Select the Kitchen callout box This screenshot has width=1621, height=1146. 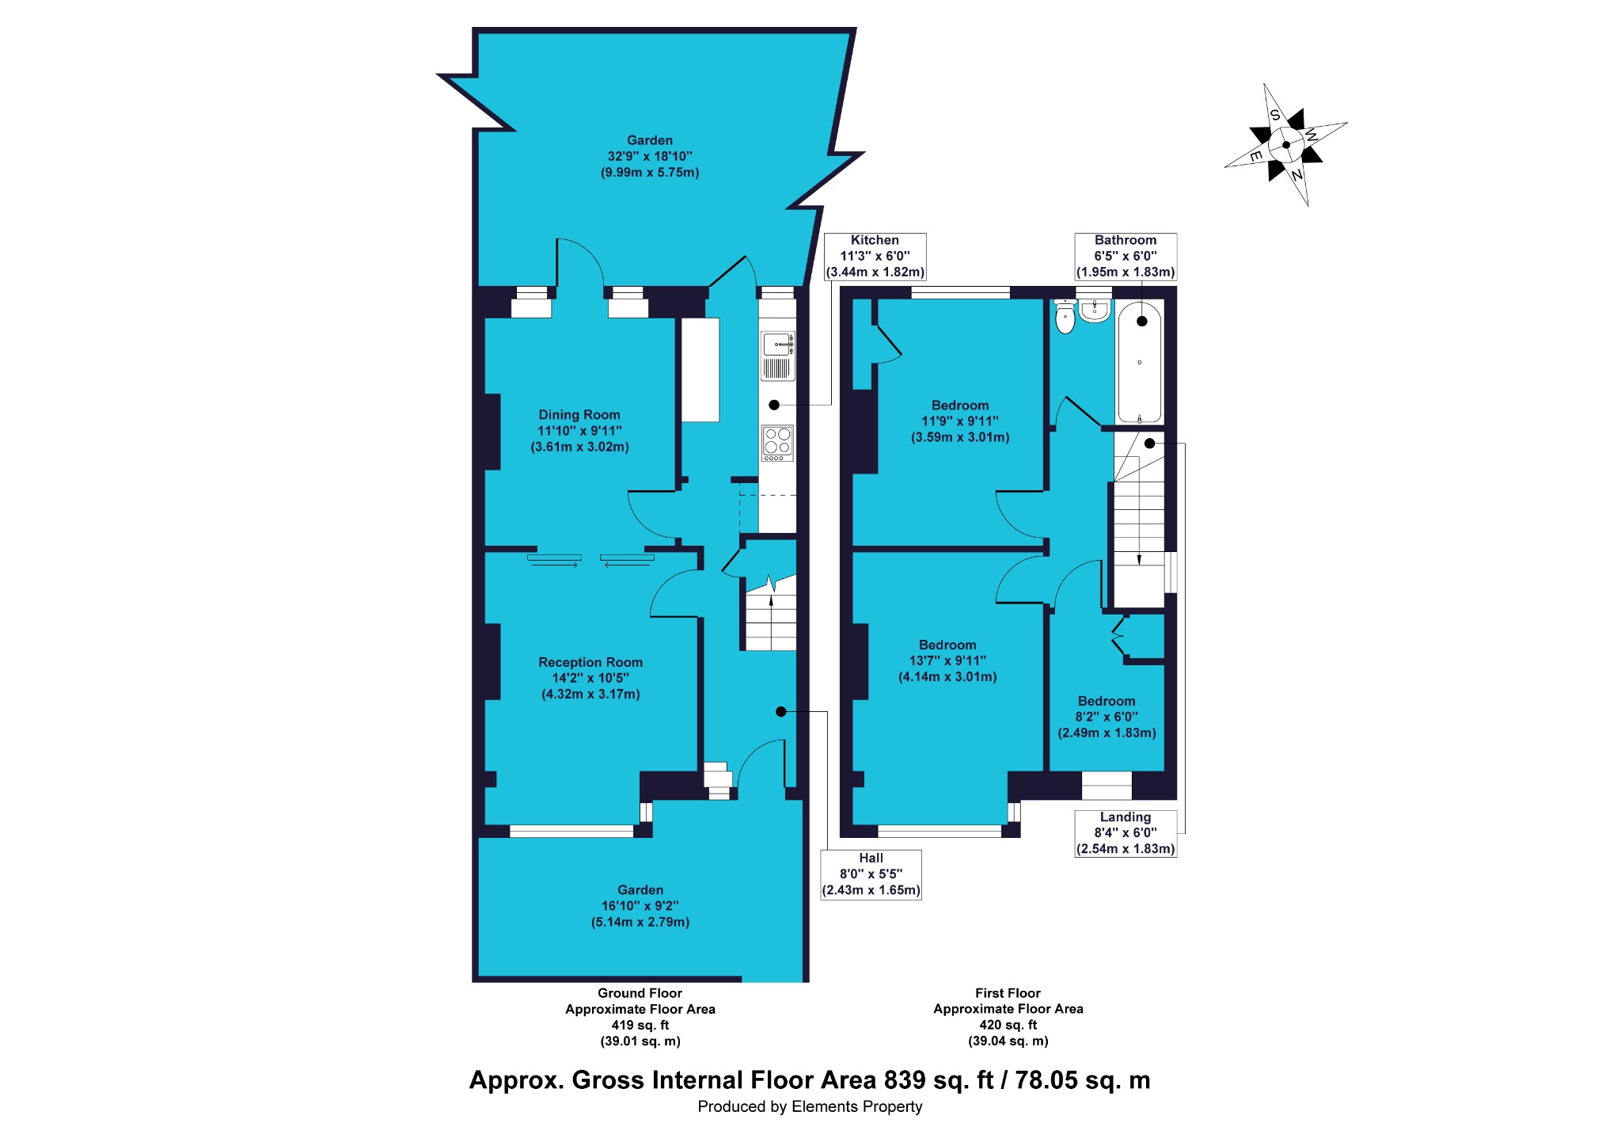pos(875,256)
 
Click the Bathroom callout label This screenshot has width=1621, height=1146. pos(1126,256)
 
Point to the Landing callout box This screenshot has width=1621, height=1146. pos(1126,833)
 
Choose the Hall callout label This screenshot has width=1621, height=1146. pos(871,874)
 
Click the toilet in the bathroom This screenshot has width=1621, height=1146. pos(1065,317)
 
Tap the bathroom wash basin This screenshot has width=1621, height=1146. pos(1095,310)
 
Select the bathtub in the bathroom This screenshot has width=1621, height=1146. pos(1139,361)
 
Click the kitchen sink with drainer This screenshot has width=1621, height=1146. pos(778,356)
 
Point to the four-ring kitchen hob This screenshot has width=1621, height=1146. pos(777,444)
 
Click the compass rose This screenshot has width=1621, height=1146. pos(1285,145)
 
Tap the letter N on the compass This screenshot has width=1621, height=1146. pos(1296,174)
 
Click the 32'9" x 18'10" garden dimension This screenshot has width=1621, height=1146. pos(650,157)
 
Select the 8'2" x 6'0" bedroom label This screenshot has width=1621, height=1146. pos(1107,717)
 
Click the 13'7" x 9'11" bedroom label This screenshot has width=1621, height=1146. pos(947,661)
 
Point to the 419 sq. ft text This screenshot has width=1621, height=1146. pos(640,1025)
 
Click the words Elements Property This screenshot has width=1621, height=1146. pos(857,1106)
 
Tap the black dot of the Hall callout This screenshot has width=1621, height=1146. pos(780,712)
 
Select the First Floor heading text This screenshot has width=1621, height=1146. pos(1008,993)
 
